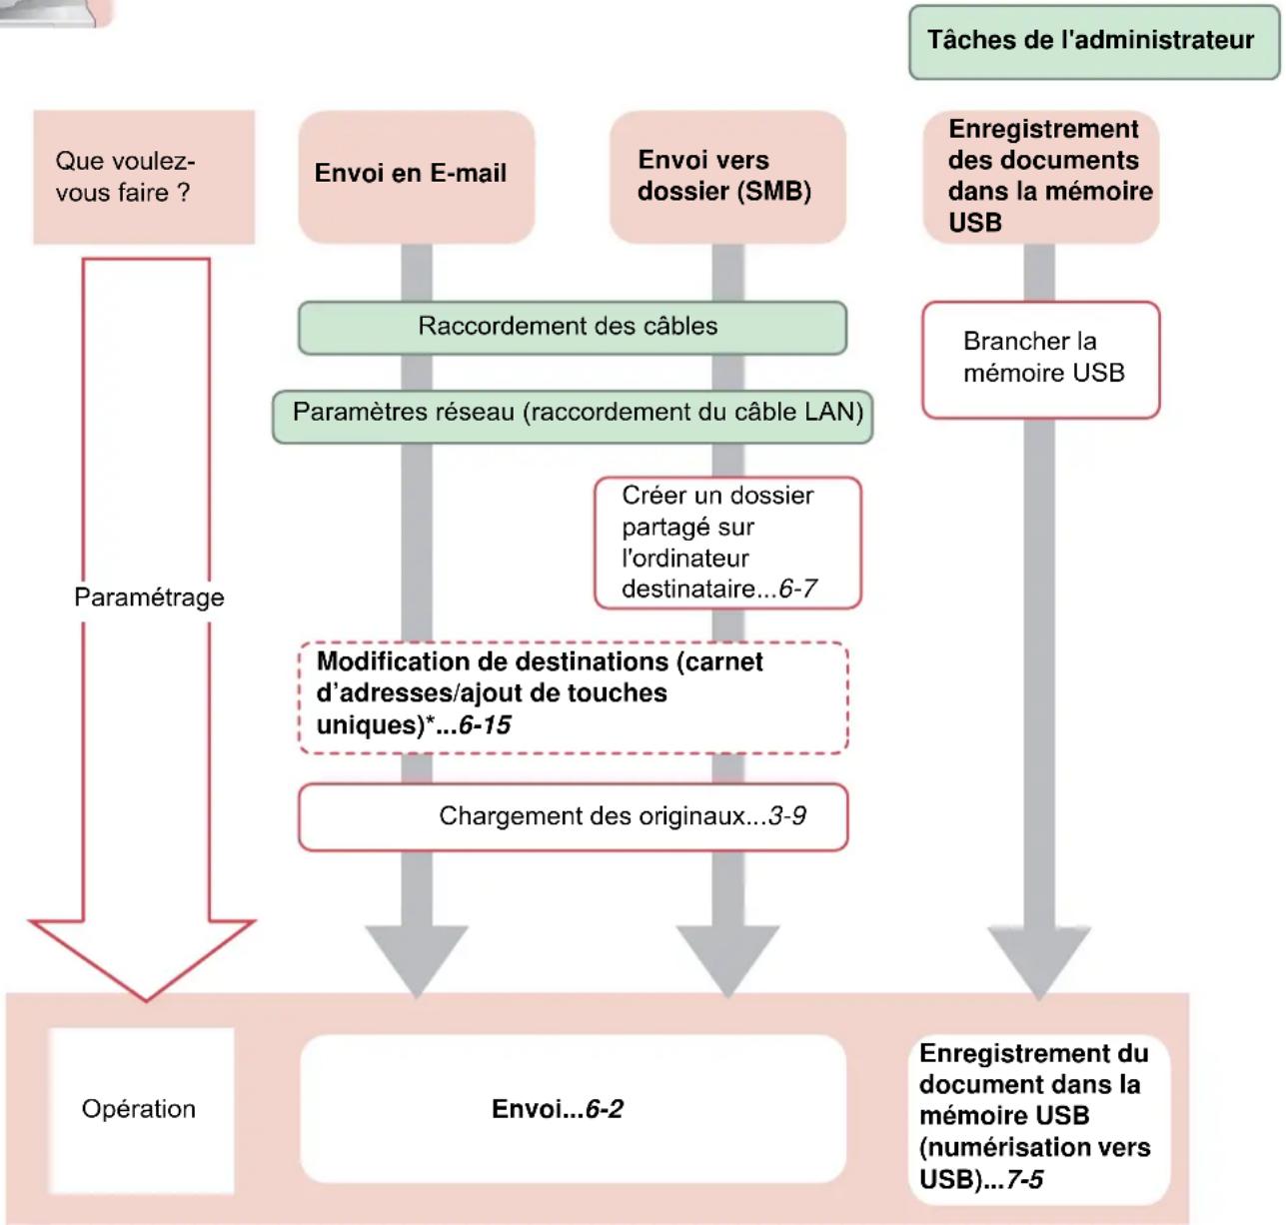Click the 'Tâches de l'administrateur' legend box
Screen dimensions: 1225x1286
(x=1093, y=42)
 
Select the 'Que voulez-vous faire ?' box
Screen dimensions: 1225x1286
(x=144, y=177)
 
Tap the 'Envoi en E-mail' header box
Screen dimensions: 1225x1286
(x=416, y=175)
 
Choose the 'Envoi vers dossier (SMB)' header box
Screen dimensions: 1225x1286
(x=727, y=177)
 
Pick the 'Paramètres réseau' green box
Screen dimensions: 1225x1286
(x=573, y=414)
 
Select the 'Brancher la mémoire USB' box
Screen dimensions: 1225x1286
(x=1040, y=359)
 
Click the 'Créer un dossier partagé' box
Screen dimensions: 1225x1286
(x=726, y=543)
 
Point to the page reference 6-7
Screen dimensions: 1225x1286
(x=797, y=590)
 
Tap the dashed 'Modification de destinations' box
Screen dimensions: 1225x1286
(x=573, y=695)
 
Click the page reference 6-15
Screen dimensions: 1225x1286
(x=485, y=725)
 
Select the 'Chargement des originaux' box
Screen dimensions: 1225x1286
(x=573, y=817)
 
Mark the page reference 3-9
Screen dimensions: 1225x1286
(x=787, y=817)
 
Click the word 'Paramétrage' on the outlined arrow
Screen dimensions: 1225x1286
(x=149, y=598)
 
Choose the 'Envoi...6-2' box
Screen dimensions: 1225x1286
(x=573, y=1109)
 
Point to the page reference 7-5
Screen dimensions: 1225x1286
(x=1024, y=1180)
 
